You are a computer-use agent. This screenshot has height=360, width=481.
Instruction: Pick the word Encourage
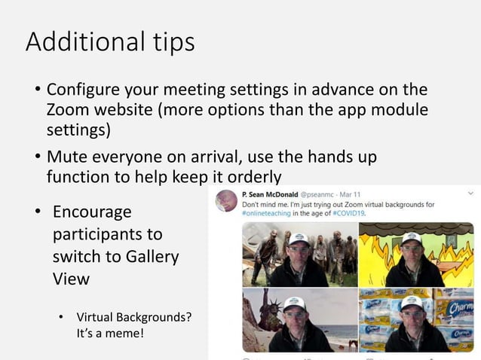tap(91, 212)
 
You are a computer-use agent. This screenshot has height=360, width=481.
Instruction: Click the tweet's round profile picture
tap(226, 200)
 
